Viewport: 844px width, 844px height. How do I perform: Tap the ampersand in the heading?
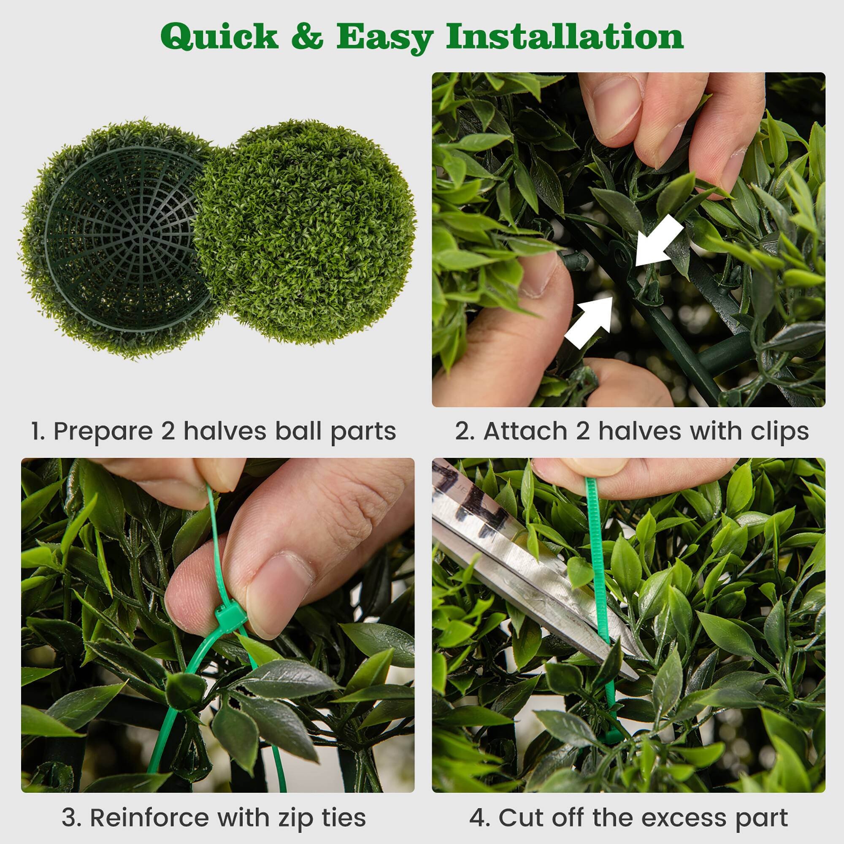[307, 37]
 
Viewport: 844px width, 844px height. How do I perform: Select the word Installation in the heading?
[564, 37]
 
